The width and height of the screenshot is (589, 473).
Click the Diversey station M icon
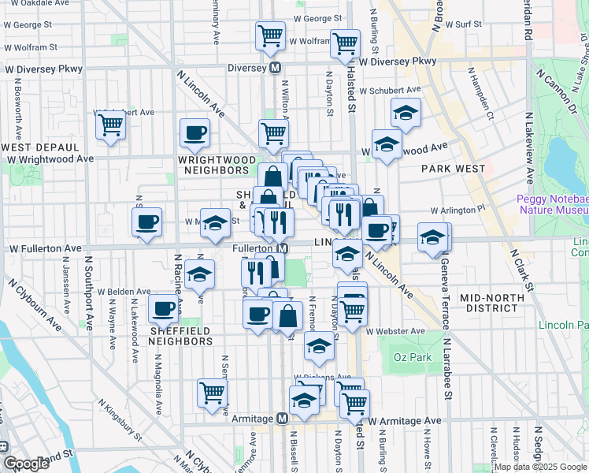click(x=276, y=68)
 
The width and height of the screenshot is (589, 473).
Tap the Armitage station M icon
click(x=281, y=419)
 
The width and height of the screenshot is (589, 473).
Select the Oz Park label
click(x=409, y=357)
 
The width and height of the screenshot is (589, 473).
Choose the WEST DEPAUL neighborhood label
click(x=40, y=147)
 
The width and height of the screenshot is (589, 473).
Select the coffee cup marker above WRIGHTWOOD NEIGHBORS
click(x=194, y=132)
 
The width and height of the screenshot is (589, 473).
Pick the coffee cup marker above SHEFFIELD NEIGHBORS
click(x=163, y=309)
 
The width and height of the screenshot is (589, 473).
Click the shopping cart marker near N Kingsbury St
click(x=213, y=392)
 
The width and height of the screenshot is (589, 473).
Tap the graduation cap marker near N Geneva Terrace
click(x=432, y=237)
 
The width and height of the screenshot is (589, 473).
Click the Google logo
click(x=26, y=464)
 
